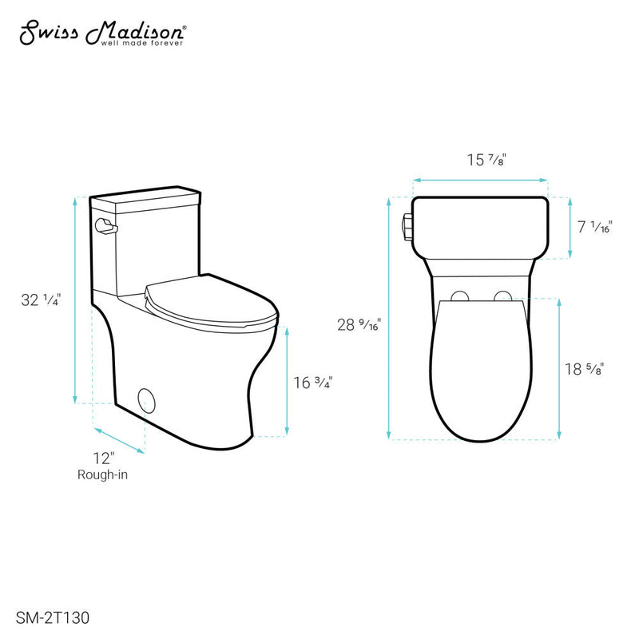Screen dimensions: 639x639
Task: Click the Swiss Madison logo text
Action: (101, 33)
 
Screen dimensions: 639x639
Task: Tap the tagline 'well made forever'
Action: (141, 44)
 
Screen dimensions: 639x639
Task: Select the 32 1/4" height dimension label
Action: (42, 300)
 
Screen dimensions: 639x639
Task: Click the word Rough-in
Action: (102, 474)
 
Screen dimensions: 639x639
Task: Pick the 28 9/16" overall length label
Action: (356, 325)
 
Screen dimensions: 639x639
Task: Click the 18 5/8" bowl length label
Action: (583, 369)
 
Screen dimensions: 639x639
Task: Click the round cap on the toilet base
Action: (147, 398)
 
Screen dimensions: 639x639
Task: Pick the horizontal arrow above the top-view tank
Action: (481, 181)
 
